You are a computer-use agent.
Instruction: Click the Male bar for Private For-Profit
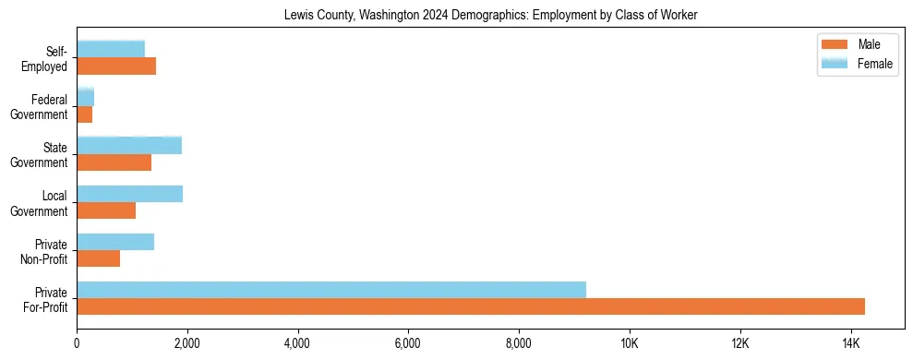pyautogui.click(x=471, y=306)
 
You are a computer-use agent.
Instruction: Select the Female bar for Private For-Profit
pyautogui.click(x=331, y=290)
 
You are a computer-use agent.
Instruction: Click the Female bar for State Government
pyautogui.click(x=129, y=145)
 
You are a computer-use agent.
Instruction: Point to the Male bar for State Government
pyautogui.click(x=114, y=162)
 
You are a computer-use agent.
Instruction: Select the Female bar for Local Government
pyautogui.click(x=130, y=194)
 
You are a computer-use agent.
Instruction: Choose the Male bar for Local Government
pyautogui.click(x=106, y=210)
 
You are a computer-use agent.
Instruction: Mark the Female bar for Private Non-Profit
pyautogui.click(x=115, y=242)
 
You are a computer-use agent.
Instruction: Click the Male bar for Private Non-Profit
pyautogui.click(x=99, y=258)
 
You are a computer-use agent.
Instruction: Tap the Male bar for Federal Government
pyautogui.click(x=85, y=114)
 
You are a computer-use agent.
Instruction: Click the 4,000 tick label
pyautogui.click(x=297, y=344)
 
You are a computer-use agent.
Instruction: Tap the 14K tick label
pyautogui.click(x=849, y=344)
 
